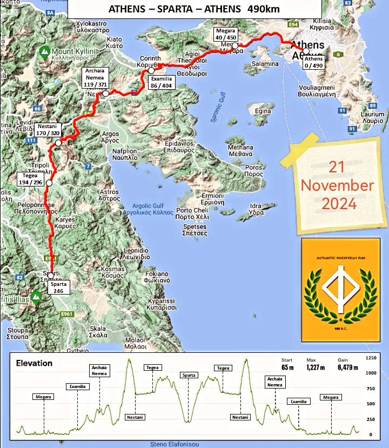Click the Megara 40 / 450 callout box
[225, 34]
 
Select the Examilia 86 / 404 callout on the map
[161, 82]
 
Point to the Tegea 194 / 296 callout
[31, 179]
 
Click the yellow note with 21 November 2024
[337, 185]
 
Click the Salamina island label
[265, 63]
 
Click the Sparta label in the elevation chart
[189, 375]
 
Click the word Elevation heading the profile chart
[35, 363]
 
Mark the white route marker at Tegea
[49, 183]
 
